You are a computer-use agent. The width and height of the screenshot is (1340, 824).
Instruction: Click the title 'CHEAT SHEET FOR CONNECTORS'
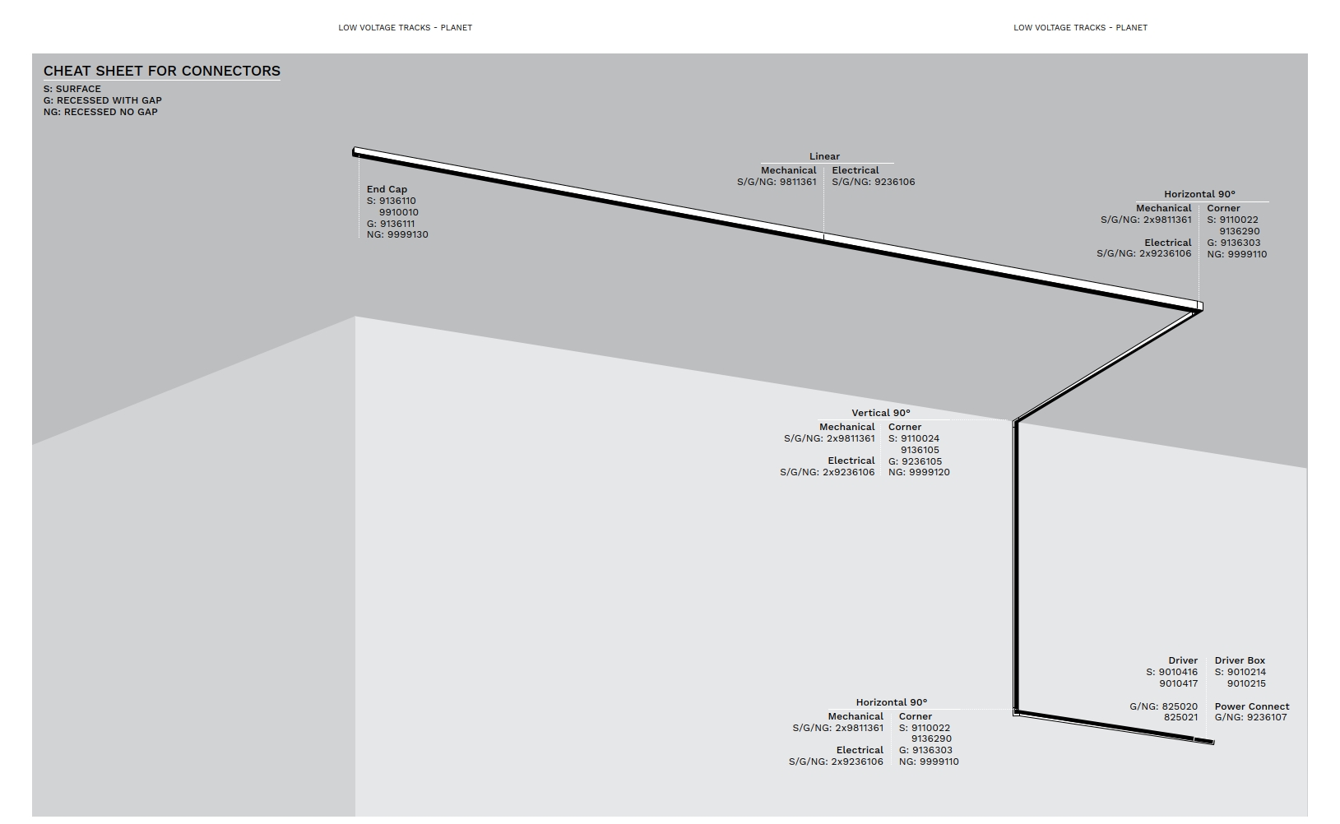tap(162, 71)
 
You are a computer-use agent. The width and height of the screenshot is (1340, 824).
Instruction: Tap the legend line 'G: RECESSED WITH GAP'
tap(103, 100)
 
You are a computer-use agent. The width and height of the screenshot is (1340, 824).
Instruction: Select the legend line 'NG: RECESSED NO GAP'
tap(100, 112)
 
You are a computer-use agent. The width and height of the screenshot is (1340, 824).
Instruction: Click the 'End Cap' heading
tap(387, 189)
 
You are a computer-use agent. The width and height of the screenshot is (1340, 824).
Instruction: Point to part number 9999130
tap(408, 234)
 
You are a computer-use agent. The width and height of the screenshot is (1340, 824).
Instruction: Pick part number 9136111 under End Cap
tap(397, 224)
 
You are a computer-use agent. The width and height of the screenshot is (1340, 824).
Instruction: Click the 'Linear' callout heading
tap(824, 156)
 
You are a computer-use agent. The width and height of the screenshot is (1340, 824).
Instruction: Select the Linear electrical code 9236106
tap(894, 182)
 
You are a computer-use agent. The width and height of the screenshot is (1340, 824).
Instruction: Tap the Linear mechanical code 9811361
tap(798, 182)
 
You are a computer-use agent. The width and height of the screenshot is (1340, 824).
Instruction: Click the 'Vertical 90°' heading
tap(881, 413)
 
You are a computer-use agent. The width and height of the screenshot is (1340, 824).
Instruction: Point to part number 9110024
tap(920, 438)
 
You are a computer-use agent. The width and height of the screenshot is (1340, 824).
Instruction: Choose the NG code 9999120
tap(930, 472)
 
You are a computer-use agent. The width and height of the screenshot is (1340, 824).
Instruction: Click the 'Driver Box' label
tap(1240, 660)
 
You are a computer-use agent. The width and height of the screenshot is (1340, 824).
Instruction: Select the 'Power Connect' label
tap(1252, 706)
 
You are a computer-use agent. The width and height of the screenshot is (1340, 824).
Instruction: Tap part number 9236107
tap(1268, 717)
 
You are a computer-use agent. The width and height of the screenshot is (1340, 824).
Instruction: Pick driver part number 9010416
tap(1178, 672)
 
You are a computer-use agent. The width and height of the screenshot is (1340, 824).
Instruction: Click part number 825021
tap(1180, 717)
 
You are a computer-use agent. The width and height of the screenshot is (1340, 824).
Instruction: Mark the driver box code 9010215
tap(1246, 683)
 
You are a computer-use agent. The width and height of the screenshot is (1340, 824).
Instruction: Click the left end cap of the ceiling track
tap(355, 151)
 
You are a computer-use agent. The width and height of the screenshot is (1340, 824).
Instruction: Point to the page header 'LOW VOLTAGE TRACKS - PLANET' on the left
tap(405, 27)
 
